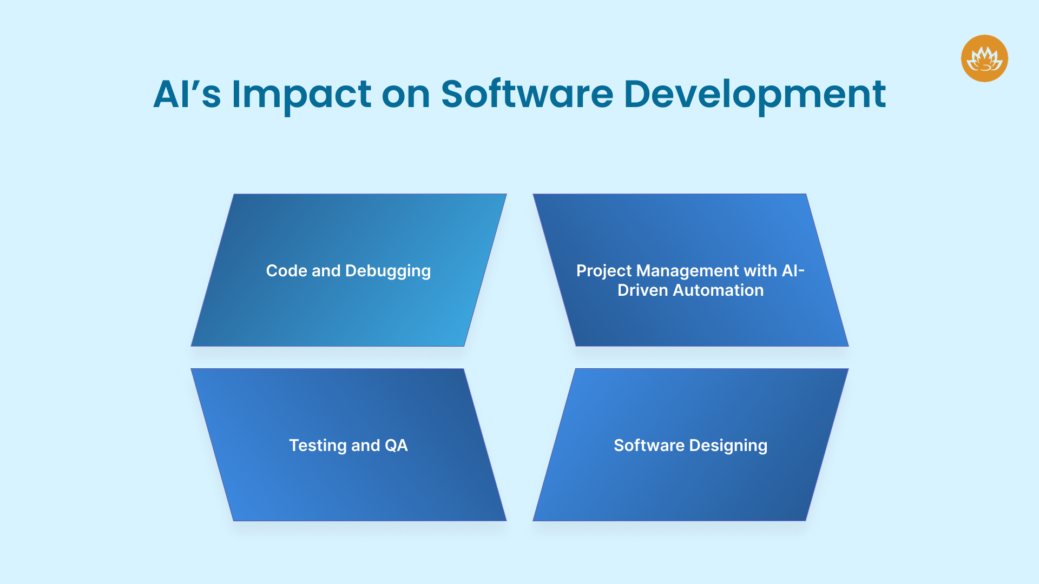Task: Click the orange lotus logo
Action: click(984, 58)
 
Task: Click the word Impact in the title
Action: click(301, 95)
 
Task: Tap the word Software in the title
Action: click(527, 95)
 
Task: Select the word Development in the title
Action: click(754, 95)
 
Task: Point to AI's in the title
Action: click(187, 95)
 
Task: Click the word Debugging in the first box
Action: click(388, 271)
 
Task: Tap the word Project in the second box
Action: click(604, 271)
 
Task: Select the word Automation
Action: click(718, 290)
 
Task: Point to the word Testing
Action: click(318, 446)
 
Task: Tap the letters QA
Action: click(396, 446)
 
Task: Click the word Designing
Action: click(728, 446)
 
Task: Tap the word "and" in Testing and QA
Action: click(366, 446)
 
